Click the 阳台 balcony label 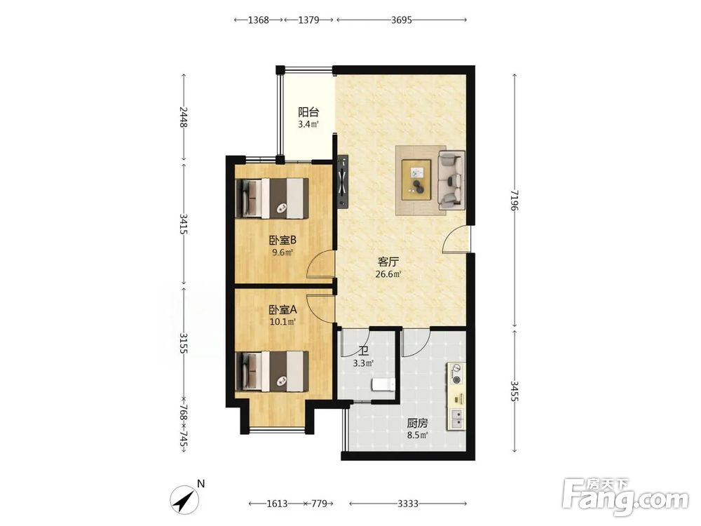[308, 112]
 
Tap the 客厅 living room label [388, 262]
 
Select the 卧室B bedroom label [283, 240]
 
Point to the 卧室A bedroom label [283, 309]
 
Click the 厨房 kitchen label [417, 423]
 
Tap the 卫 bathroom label [363, 352]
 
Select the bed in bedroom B [272, 198]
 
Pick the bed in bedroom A [272, 371]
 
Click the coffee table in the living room [416, 180]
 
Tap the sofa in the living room [451, 180]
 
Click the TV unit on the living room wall [343, 182]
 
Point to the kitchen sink [456, 419]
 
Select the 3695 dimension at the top [401, 20]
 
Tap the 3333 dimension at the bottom [408, 504]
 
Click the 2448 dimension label [183, 117]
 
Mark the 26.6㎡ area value [388, 274]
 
